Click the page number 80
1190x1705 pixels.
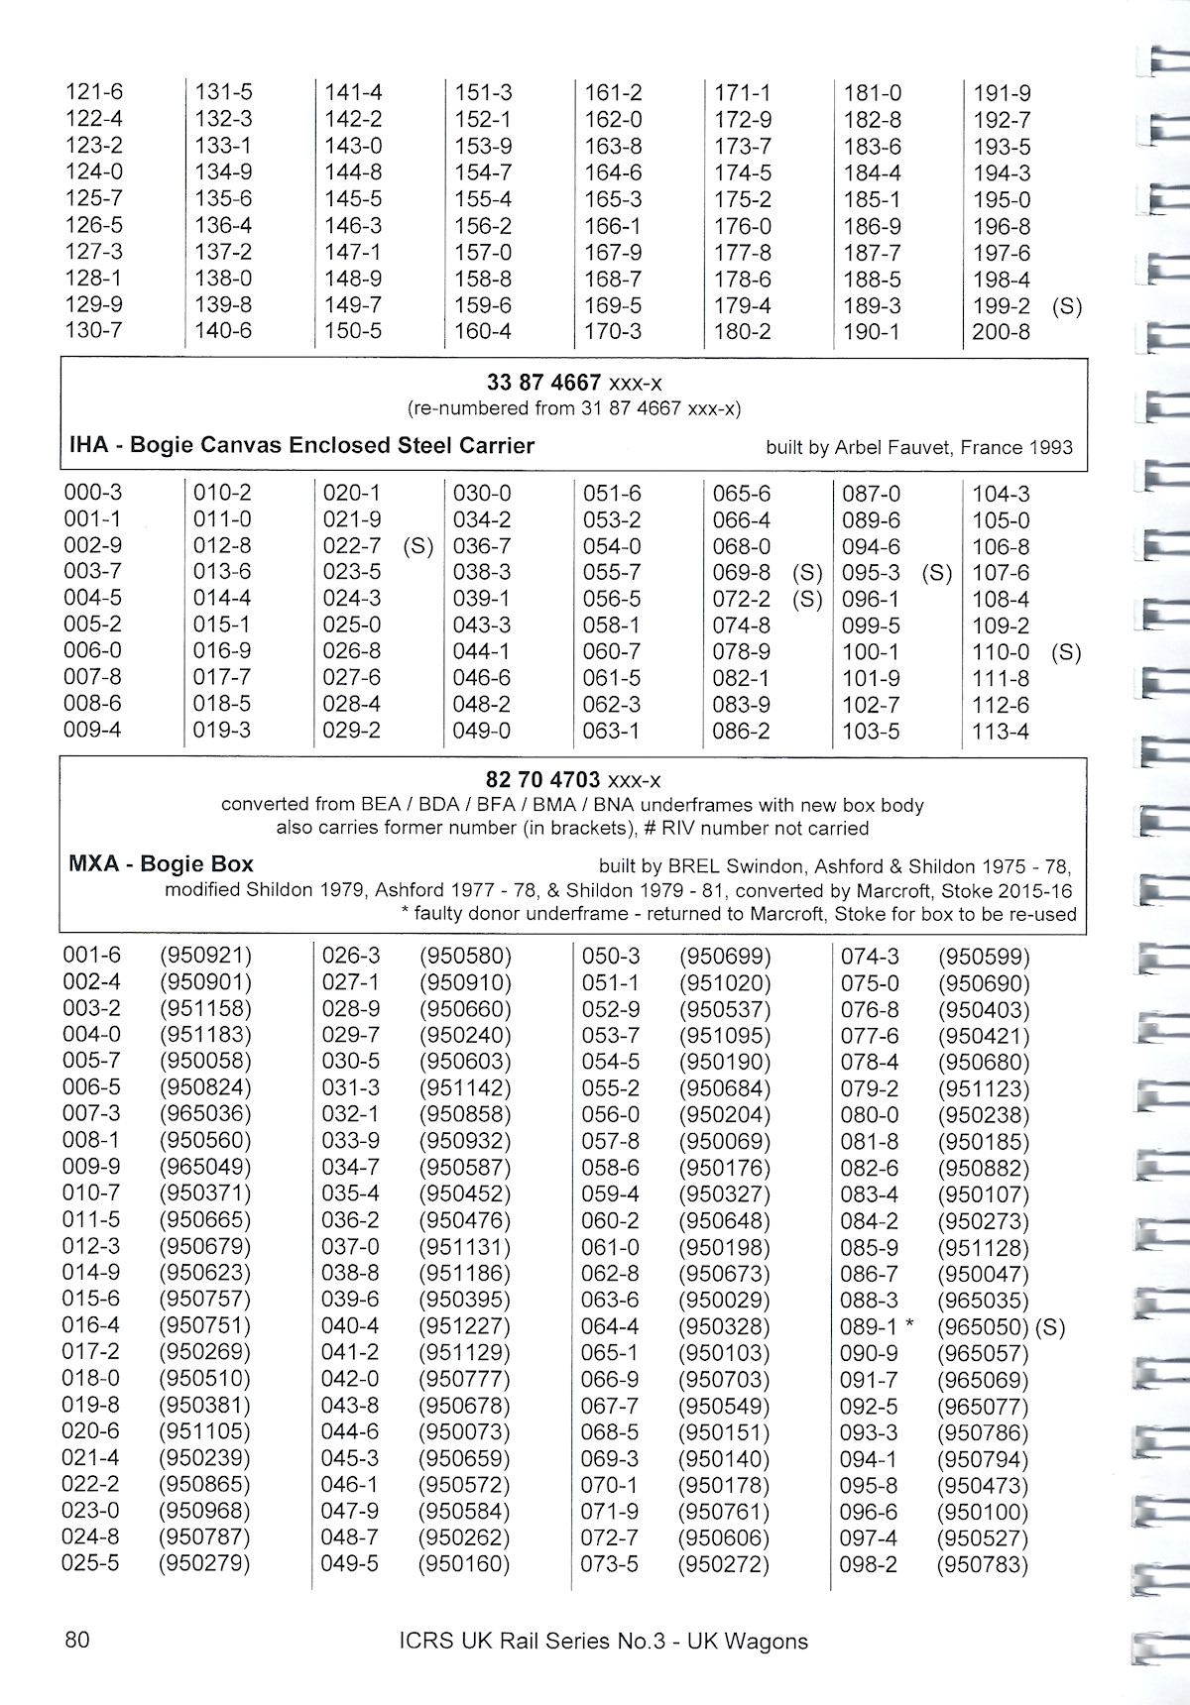(76, 1640)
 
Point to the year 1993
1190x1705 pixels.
(1050, 448)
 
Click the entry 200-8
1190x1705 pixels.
(1001, 332)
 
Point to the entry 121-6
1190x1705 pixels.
(94, 92)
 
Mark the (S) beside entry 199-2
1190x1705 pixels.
(1067, 306)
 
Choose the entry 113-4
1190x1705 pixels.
(1001, 732)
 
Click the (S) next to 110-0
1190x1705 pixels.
(1067, 652)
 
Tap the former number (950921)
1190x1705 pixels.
(205, 956)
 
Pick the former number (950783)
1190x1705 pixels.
(983, 1565)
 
